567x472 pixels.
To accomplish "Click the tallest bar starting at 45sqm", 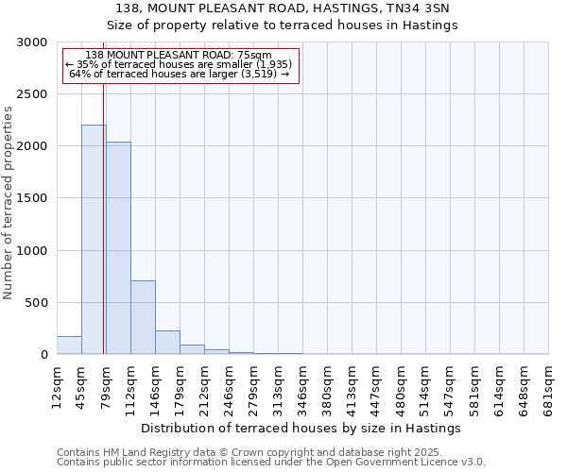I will (94, 240).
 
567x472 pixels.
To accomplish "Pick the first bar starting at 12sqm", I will (69, 346).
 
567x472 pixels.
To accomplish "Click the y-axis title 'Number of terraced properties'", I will (9, 202).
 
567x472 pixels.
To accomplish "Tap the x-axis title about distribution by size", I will (302, 428).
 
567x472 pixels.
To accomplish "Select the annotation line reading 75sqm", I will (179, 55).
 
